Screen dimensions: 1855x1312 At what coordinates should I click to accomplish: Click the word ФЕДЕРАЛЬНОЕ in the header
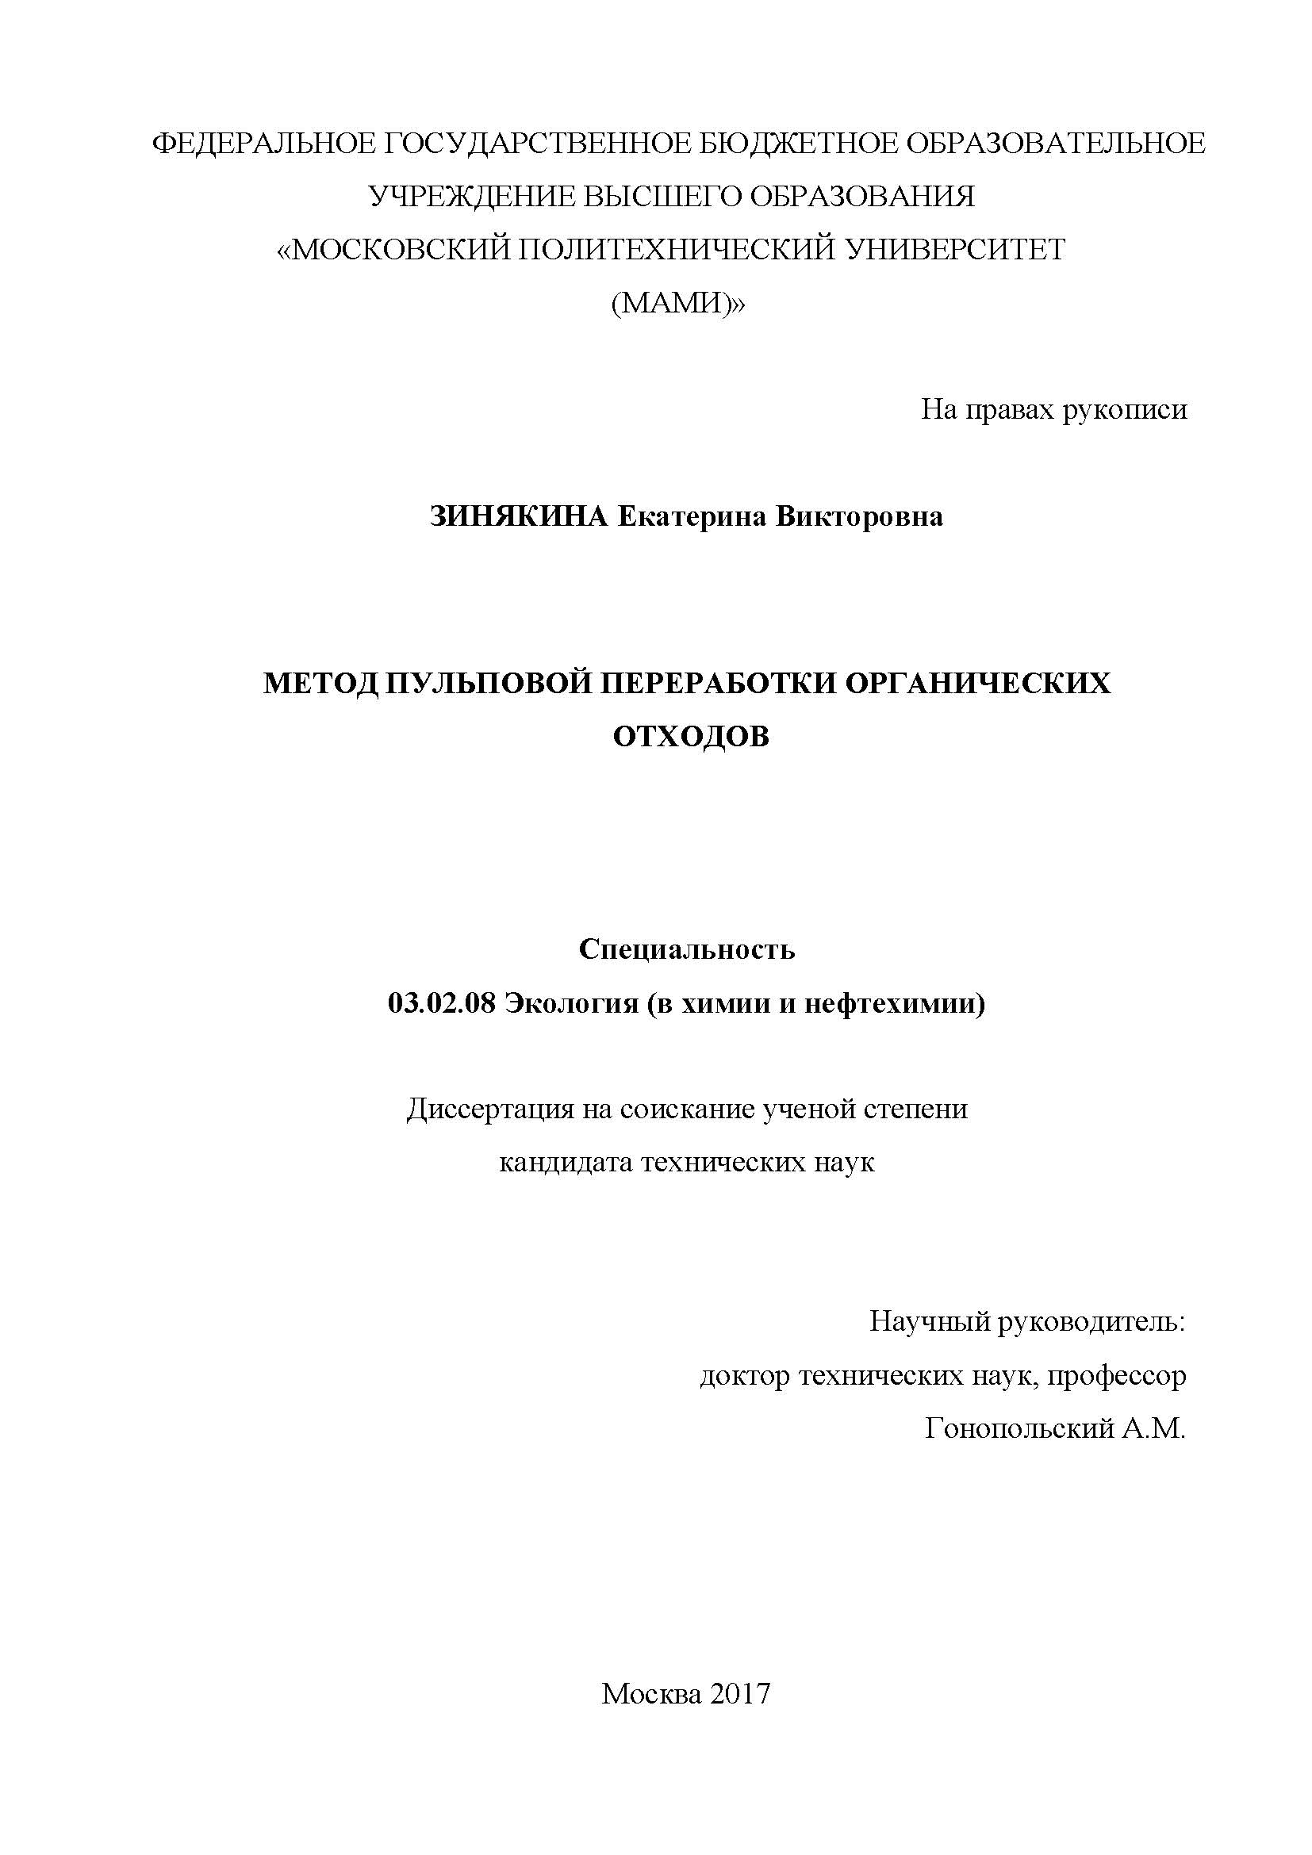(264, 144)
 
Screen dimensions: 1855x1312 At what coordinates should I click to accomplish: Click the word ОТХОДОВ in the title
(691, 737)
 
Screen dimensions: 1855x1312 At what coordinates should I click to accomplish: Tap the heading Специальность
(688, 950)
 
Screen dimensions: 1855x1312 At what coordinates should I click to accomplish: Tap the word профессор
(1118, 1377)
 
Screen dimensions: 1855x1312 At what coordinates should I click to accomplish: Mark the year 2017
(742, 1671)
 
